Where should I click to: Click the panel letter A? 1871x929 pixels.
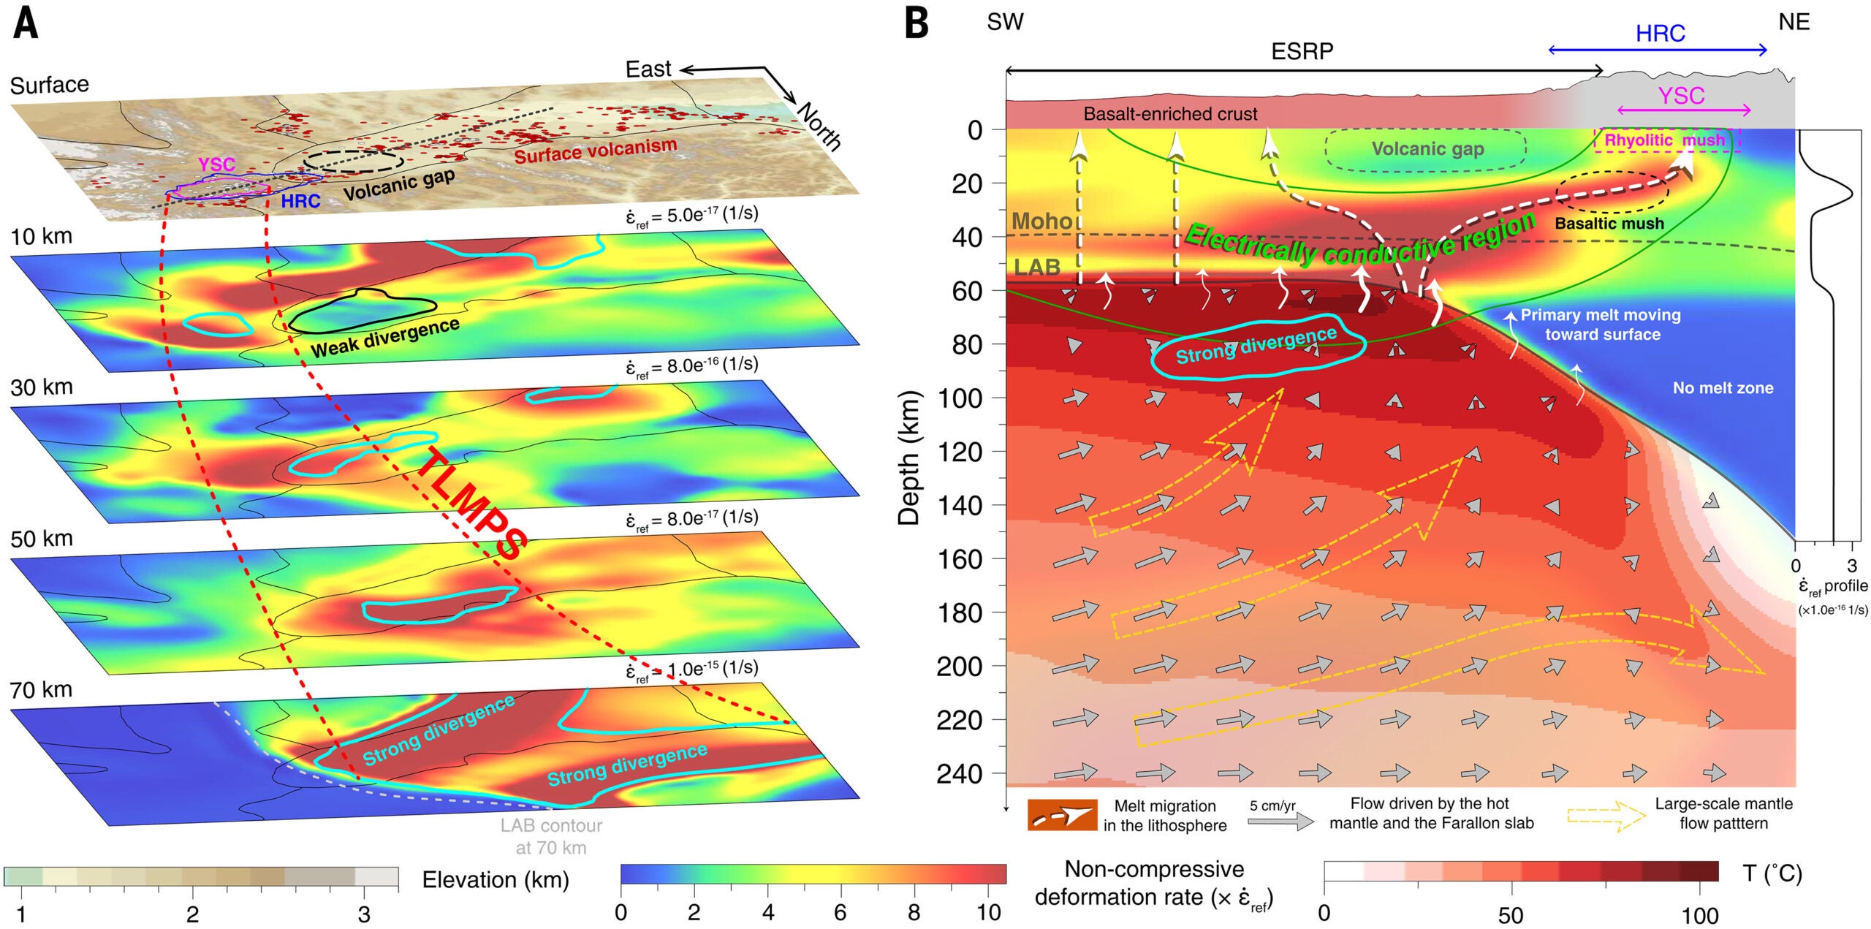[x=26, y=23]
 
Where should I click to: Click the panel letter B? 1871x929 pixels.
[x=916, y=23]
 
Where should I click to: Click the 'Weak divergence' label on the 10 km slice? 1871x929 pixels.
[x=385, y=338]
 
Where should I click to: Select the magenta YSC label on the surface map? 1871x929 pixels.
[x=216, y=164]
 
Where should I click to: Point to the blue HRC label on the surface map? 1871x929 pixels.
[x=300, y=201]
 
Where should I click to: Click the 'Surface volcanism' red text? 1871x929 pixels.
[x=595, y=151]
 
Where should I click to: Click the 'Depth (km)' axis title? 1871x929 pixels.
[x=908, y=458]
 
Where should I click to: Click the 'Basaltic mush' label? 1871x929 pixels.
[x=1609, y=224]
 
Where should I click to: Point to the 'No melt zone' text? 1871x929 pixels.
[x=1723, y=388]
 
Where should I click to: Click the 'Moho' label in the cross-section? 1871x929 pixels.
[x=1041, y=221]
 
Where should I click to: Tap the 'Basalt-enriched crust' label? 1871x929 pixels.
[x=1170, y=114]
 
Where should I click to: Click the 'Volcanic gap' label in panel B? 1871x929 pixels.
[x=1427, y=149]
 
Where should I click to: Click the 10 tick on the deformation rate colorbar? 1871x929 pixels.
[x=988, y=912]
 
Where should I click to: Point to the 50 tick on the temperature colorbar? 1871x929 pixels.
[x=1511, y=915]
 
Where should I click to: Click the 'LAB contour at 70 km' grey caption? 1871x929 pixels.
[x=551, y=836]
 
